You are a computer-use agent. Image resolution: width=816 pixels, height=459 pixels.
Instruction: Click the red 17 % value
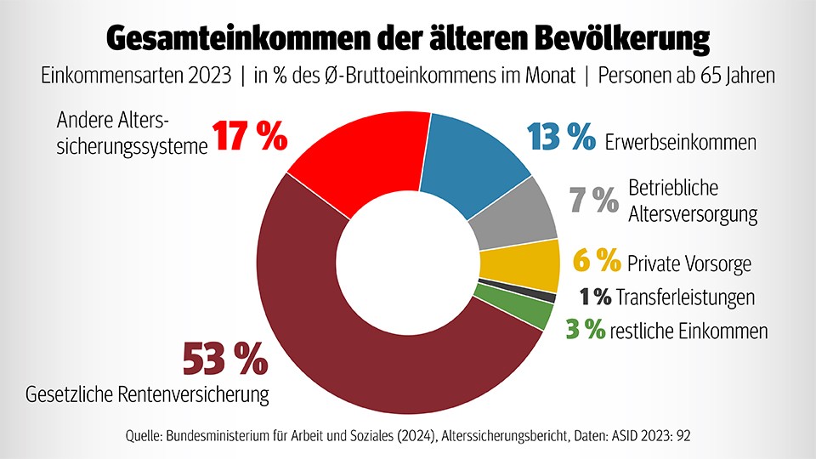tap(250, 137)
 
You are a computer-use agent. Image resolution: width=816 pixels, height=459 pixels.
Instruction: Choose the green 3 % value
tap(586, 330)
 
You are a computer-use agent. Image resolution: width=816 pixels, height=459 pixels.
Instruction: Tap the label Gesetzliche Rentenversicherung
tap(148, 394)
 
